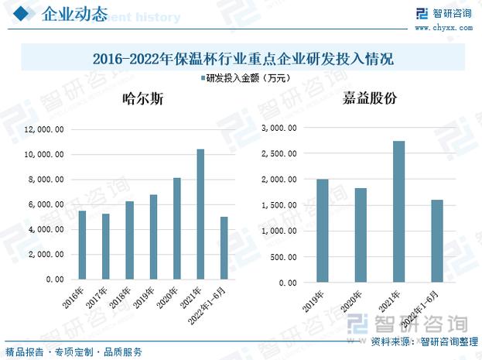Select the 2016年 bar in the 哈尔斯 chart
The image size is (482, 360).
83,245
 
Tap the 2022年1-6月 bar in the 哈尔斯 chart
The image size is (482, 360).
224,248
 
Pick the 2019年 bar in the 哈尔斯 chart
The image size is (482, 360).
153,236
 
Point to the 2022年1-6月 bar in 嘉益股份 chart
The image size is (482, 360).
438,240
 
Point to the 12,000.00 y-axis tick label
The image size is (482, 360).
43,129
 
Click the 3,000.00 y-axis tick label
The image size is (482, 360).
278,128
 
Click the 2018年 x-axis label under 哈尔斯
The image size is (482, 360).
121,294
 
